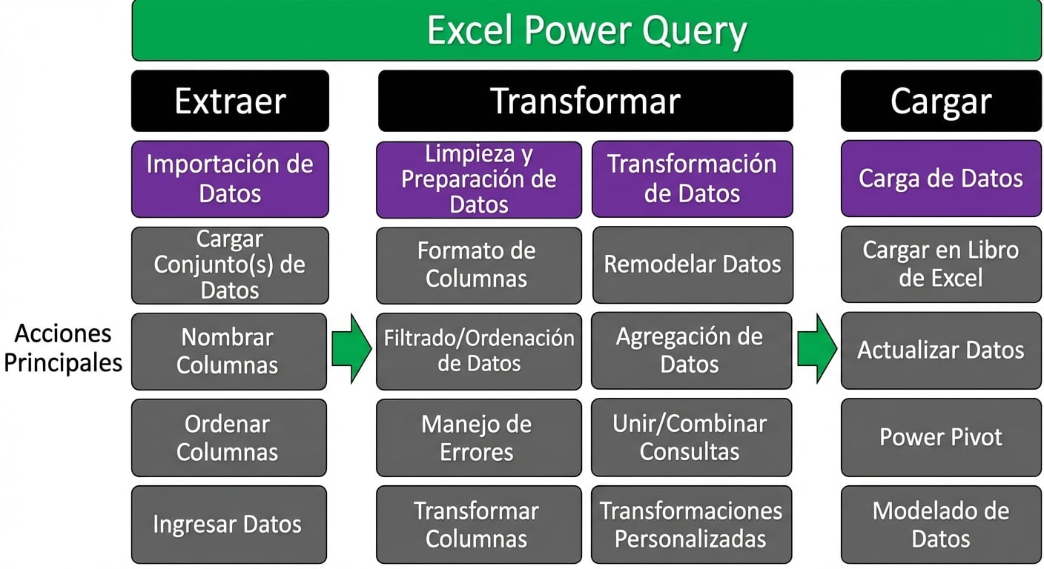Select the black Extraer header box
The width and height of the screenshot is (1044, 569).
[x=230, y=101]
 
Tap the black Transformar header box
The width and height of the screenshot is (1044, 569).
[x=585, y=101]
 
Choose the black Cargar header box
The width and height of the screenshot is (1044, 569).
[x=940, y=101]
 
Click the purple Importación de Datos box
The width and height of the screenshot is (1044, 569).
[x=230, y=179]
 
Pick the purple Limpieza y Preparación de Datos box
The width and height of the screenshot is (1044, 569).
[x=478, y=179]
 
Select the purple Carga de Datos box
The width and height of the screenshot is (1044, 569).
[x=940, y=179]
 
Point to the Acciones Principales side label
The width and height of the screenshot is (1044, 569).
[x=63, y=348]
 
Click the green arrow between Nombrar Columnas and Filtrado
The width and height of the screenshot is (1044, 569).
[x=351, y=348]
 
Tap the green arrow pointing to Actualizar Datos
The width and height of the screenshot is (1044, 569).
[x=816, y=348]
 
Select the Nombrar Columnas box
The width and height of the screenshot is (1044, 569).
[x=228, y=351]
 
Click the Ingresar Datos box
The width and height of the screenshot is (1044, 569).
[x=228, y=525]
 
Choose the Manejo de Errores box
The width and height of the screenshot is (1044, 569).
[x=478, y=437]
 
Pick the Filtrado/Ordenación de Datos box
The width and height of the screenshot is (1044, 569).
[x=478, y=351]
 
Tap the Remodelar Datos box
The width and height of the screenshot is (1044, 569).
[x=692, y=264]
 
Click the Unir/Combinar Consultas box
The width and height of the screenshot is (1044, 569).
[x=690, y=437]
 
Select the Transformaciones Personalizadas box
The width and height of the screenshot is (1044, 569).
[x=690, y=525]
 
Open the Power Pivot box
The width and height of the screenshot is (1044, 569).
[x=940, y=437]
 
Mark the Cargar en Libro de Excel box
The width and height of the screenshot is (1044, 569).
[x=940, y=264]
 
